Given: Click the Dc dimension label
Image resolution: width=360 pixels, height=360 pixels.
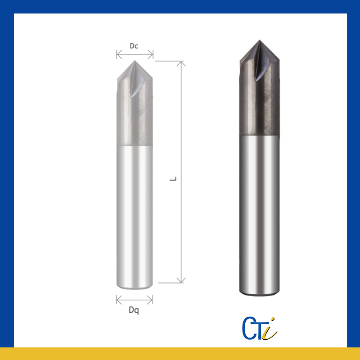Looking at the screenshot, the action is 134,46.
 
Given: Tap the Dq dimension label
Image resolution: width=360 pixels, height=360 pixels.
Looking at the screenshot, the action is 134,310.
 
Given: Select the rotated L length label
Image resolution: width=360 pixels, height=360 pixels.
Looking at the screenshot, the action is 173,179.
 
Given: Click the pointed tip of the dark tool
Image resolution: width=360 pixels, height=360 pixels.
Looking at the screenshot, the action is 260,40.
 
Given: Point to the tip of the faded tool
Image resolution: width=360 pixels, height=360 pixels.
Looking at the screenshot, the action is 135,61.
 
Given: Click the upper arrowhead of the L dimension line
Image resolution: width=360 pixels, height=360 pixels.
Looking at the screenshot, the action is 181,62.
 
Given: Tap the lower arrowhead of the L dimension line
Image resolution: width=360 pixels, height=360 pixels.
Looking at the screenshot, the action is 181,282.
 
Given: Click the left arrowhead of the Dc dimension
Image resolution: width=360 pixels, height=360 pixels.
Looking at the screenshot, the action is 117,54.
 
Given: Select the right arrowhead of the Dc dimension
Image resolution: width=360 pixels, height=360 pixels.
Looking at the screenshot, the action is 153,54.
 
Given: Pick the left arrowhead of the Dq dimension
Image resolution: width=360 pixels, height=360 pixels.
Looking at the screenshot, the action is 117,300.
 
